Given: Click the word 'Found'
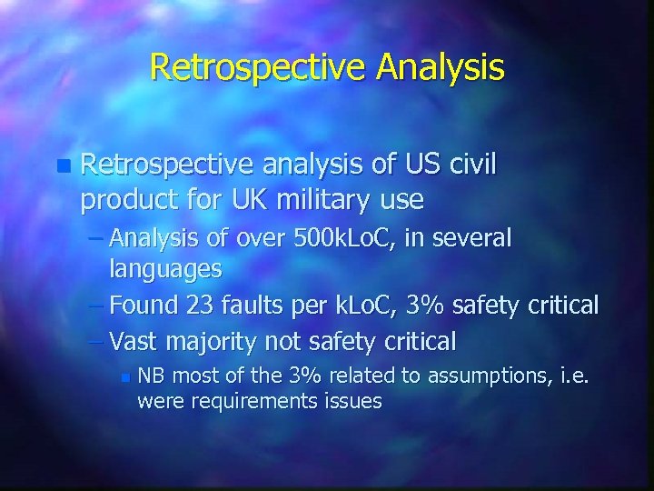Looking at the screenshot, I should point(148,305).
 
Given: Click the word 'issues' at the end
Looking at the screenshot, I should point(352,400).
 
